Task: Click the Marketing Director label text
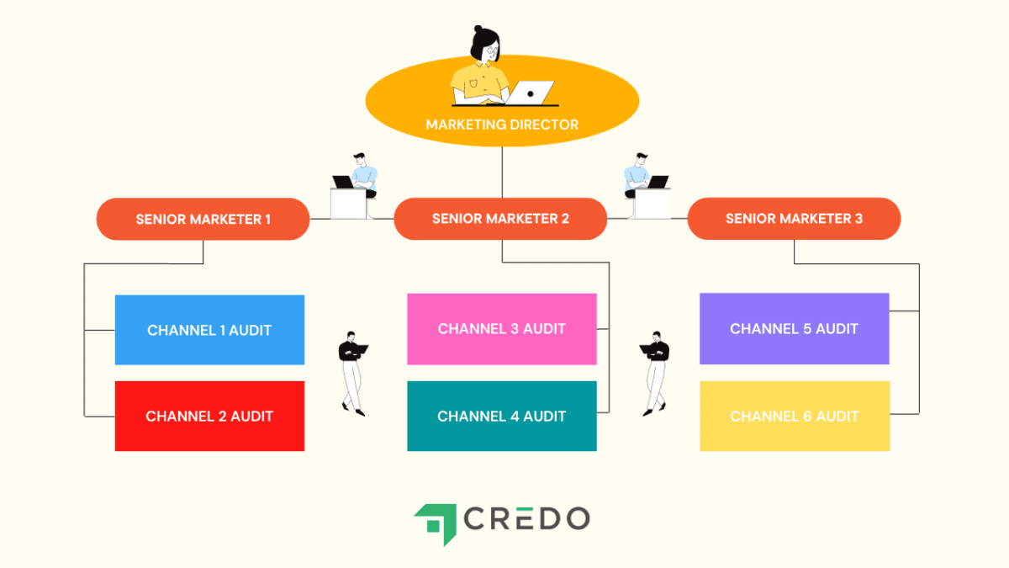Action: [502, 125]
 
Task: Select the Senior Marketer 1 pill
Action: [203, 219]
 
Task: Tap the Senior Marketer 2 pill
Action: [500, 219]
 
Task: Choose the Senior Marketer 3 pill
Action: [794, 219]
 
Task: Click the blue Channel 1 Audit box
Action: [209, 330]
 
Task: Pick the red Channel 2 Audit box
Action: [209, 416]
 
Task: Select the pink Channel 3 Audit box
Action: [502, 329]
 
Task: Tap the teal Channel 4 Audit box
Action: [502, 416]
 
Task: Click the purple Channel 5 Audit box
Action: [794, 329]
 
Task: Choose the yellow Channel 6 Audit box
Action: [794, 416]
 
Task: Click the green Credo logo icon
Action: [436, 523]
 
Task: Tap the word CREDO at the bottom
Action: [527, 518]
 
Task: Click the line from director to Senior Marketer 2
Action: [502, 173]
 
